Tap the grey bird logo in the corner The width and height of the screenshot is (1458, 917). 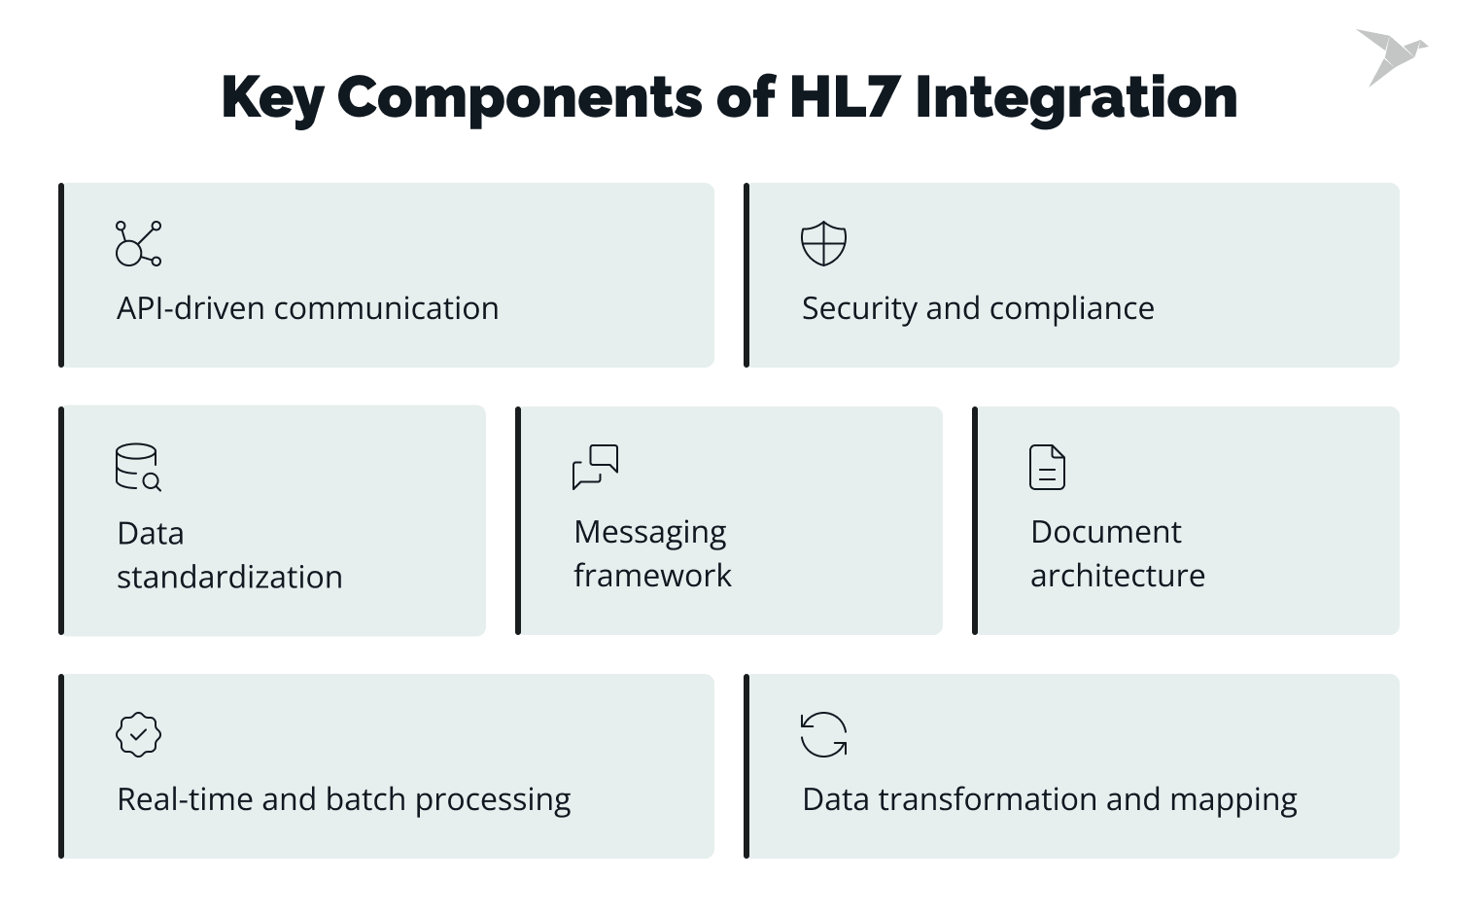tap(1391, 55)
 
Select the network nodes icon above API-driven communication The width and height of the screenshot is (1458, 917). tap(138, 243)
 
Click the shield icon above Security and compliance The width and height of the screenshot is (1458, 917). tap(823, 243)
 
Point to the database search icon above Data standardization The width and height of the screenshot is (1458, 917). tap(138, 468)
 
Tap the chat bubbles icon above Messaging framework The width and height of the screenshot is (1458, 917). tap(595, 467)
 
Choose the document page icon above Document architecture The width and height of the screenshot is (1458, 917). tap(1047, 467)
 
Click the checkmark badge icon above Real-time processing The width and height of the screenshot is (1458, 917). tap(138, 734)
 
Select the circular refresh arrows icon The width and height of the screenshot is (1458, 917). tap(823, 734)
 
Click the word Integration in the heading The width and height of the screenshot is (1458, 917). tap(1076, 97)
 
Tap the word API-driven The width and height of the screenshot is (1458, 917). tap(191, 308)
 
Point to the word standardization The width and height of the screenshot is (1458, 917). tap(229, 577)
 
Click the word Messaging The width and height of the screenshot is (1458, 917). tap(649, 533)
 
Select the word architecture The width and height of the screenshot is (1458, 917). tap(1118, 576)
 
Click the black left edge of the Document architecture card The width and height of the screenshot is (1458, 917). tap(975, 521)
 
